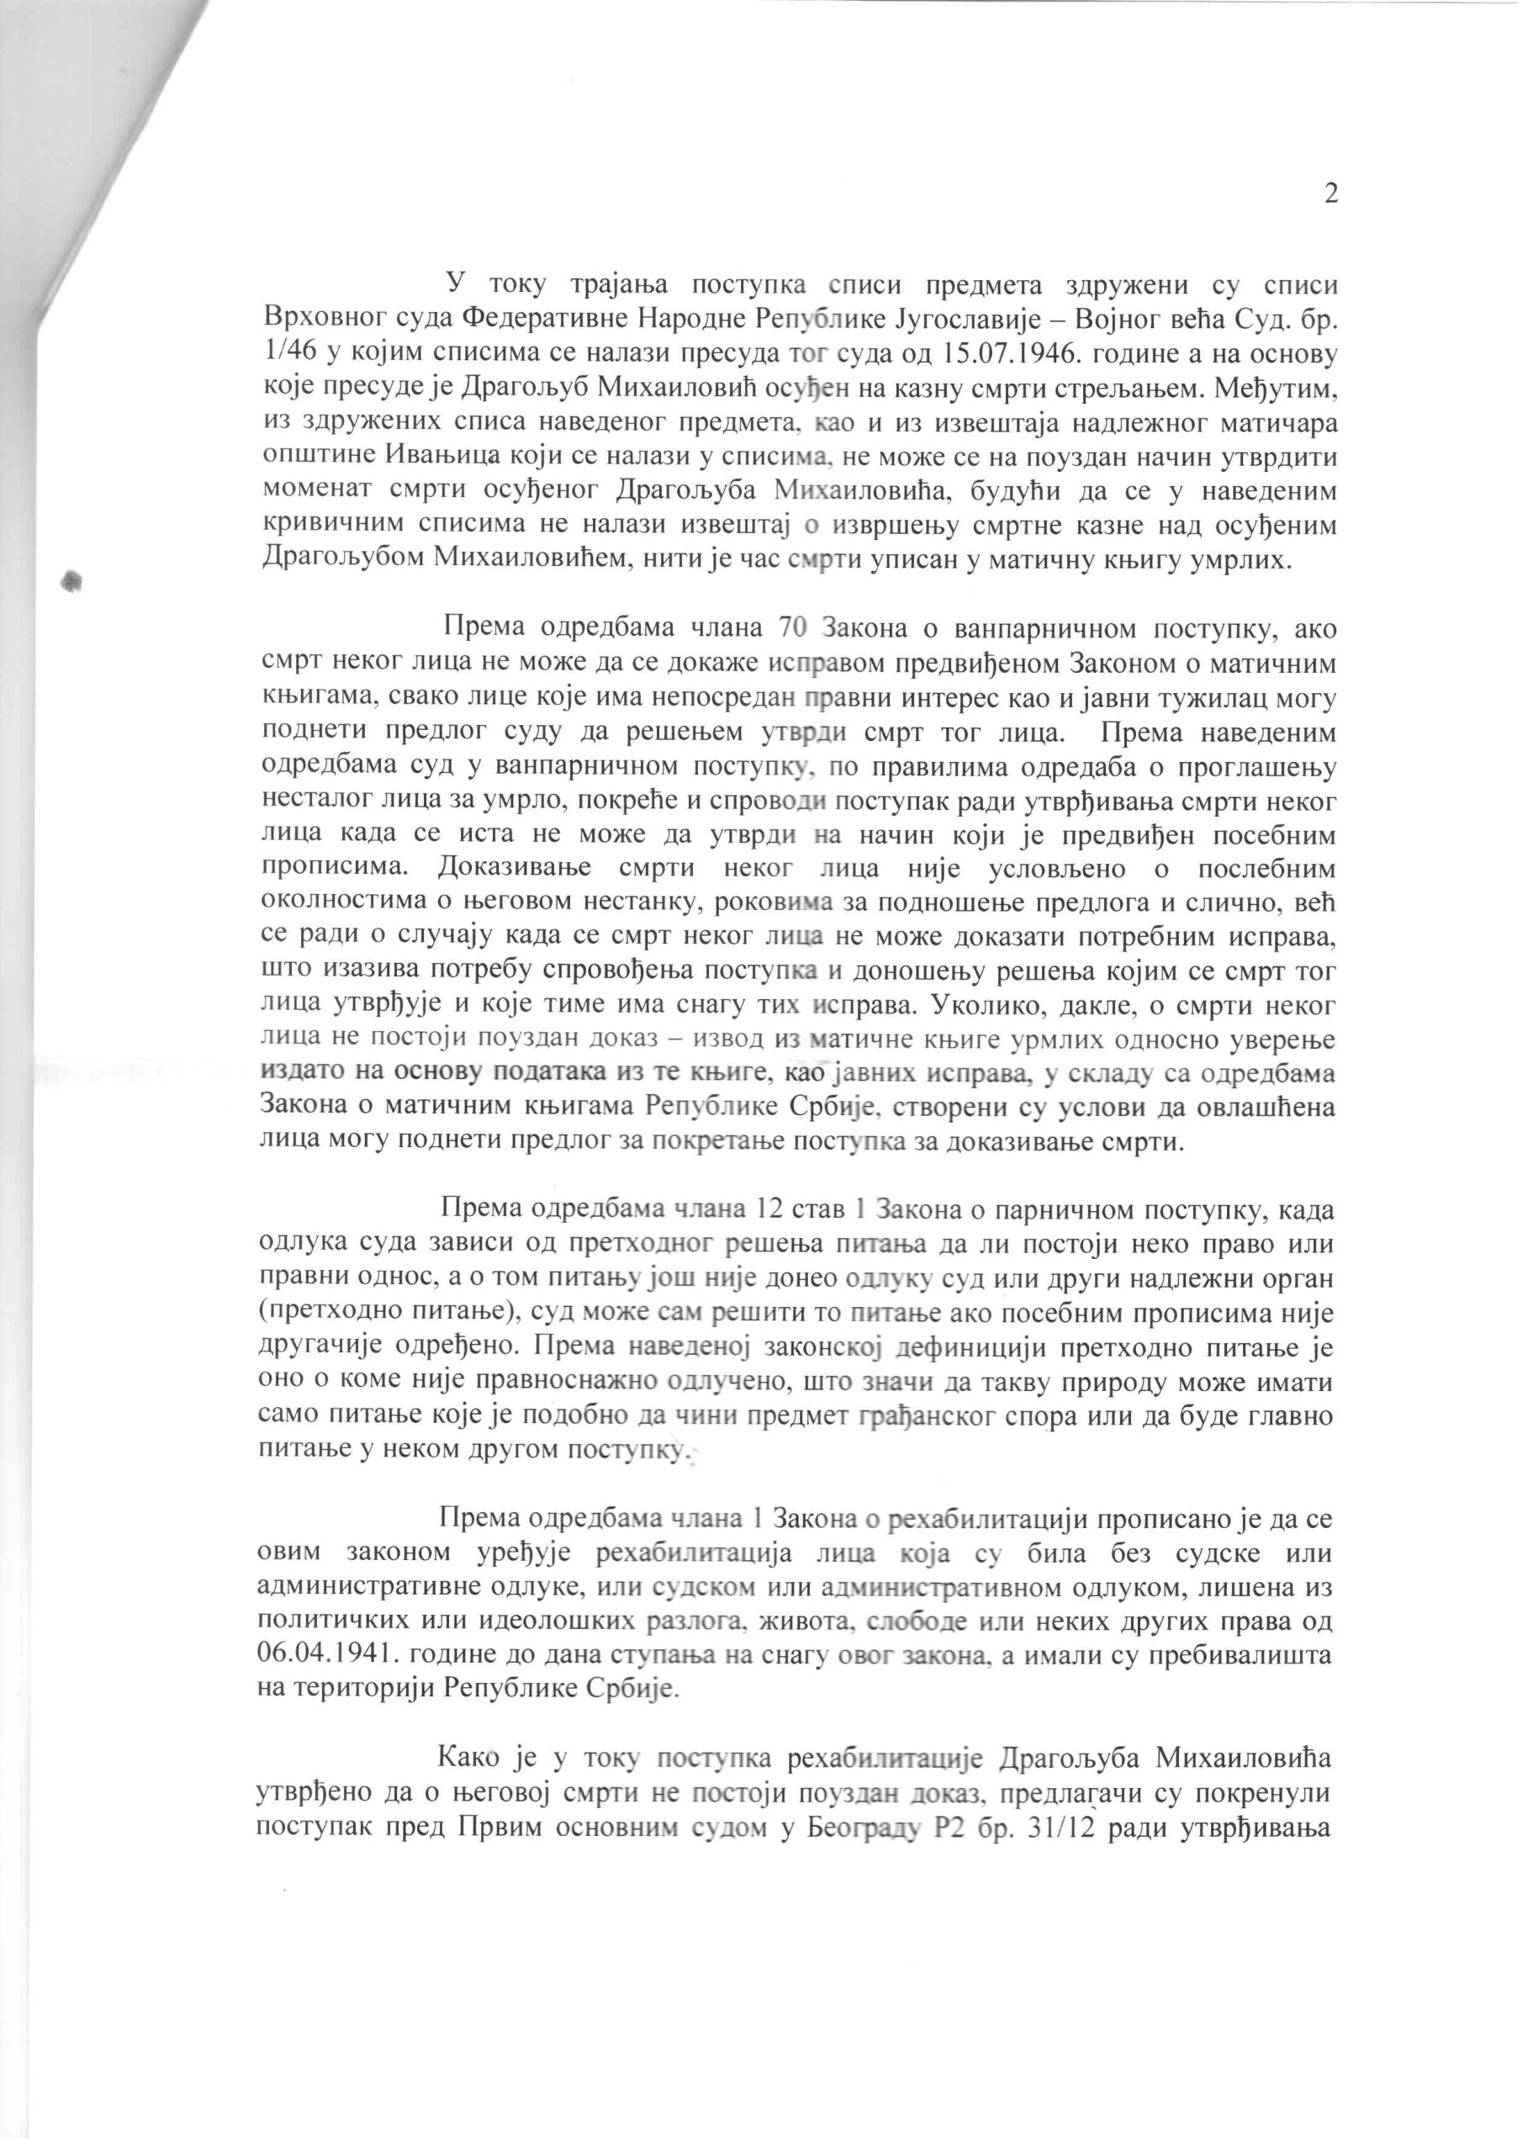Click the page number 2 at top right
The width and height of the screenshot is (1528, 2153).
coord(1330,193)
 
